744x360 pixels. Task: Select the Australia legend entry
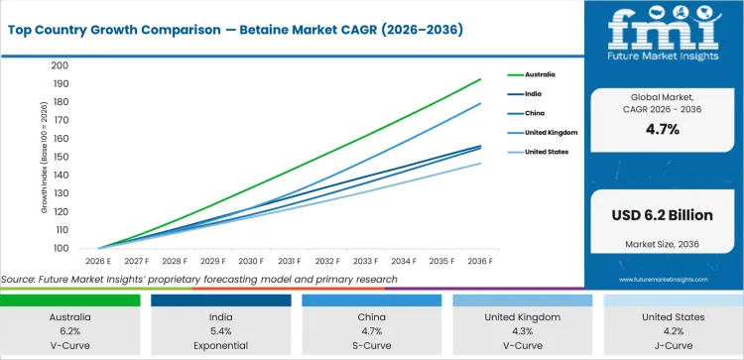(540, 74)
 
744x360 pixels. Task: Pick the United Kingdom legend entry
(552, 132)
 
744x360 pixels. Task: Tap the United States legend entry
(547, 152)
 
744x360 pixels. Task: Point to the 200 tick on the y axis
(61, 65)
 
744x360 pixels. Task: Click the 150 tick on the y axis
(61, 157)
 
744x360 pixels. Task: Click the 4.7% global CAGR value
(662, 129)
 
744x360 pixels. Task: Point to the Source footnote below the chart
(198, 280)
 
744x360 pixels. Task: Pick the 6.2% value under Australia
(74, 331)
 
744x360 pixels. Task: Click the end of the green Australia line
(481, 79)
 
